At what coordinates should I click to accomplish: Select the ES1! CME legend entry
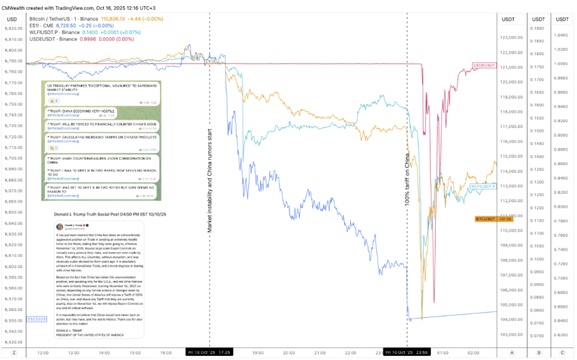pyautogui.click(x=45, y=26)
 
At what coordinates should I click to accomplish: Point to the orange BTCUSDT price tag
pyautogui.click(x=485, y=219)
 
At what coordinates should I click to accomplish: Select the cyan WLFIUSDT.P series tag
pyautogui.click(x=483, y=186)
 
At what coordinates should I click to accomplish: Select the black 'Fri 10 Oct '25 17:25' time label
pyautogui.click(x=209, y=352)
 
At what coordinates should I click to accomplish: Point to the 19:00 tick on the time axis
pyautogui.click(x=258, y=352)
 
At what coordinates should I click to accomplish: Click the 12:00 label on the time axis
pyautogui.click(x=42, y=352)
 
